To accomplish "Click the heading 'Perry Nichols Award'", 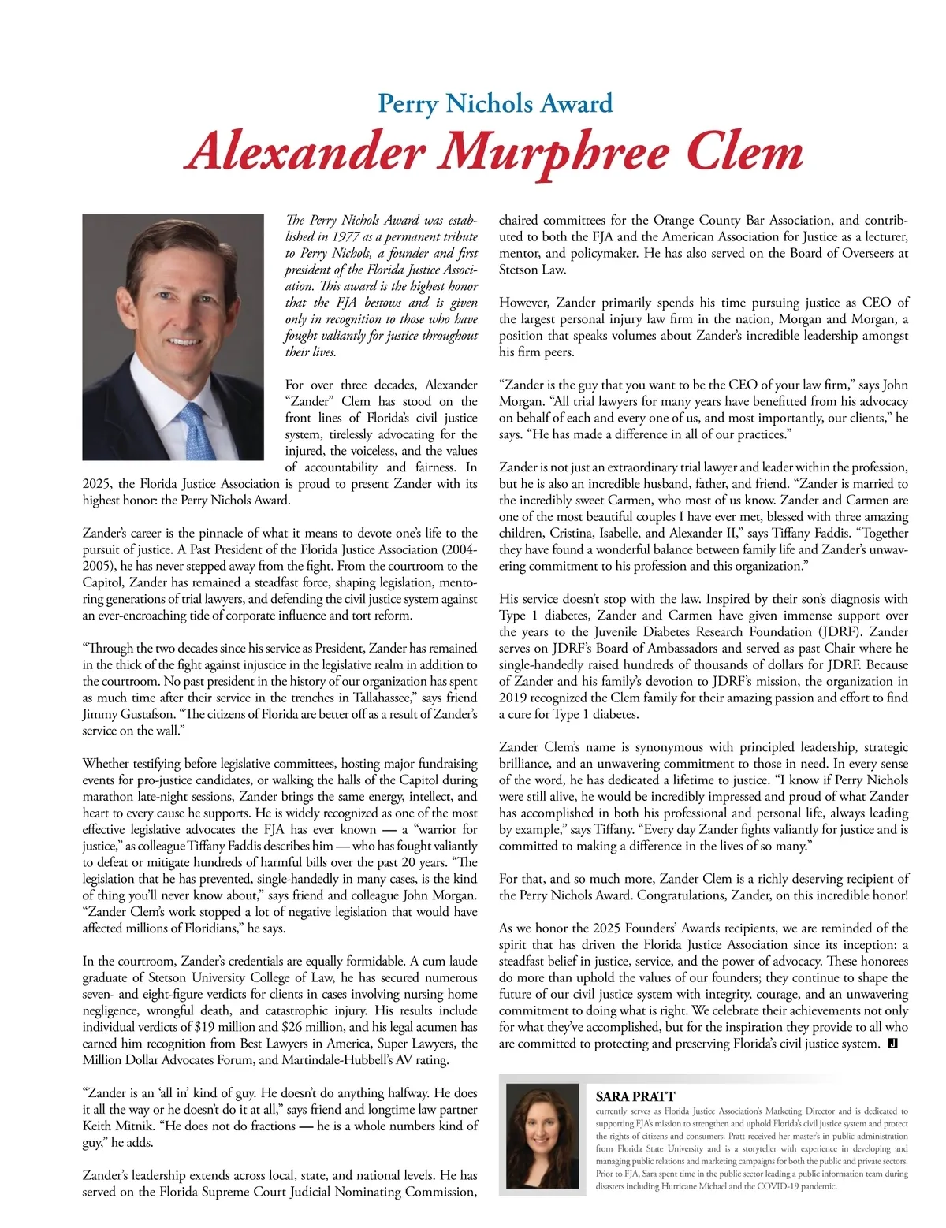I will coord(495,103).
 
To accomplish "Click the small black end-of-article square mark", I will coord(893,1044).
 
